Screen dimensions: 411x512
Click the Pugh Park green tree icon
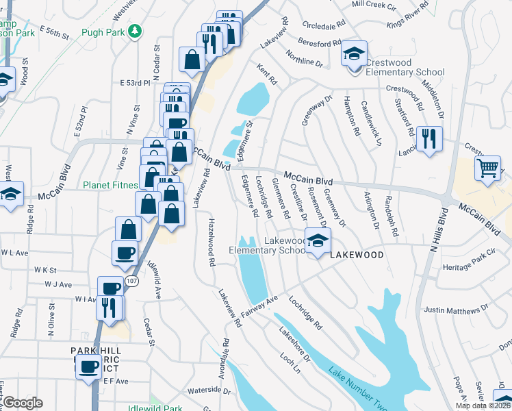(x=136, y=31)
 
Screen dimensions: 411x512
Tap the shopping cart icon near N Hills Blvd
(x=487, y=166)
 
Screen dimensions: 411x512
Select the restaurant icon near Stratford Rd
(x=428, y=139)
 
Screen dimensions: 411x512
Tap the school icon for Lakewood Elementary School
(x=318, y=241)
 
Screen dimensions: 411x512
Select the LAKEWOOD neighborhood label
(x=355, y=254)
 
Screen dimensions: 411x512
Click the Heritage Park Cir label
(x=472, y=266)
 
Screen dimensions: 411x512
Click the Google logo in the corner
(x=23, y=402)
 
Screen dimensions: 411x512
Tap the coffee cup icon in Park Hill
(x=87, y=366)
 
